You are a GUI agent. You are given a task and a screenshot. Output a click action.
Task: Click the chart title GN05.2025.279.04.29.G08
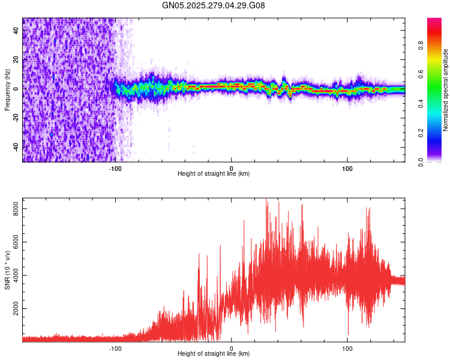pos(214,5)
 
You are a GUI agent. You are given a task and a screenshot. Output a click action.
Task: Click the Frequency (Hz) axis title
pos(7,90)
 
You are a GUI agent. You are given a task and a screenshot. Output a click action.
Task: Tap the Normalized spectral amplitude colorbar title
pos(445,90)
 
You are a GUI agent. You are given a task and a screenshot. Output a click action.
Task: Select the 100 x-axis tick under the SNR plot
pos(347,347)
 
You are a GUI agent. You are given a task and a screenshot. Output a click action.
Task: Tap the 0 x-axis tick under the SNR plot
pos(232,347)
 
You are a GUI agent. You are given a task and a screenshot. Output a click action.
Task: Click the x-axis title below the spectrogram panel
pos(214,174)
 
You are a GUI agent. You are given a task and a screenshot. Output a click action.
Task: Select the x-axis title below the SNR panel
pos(214,354)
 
